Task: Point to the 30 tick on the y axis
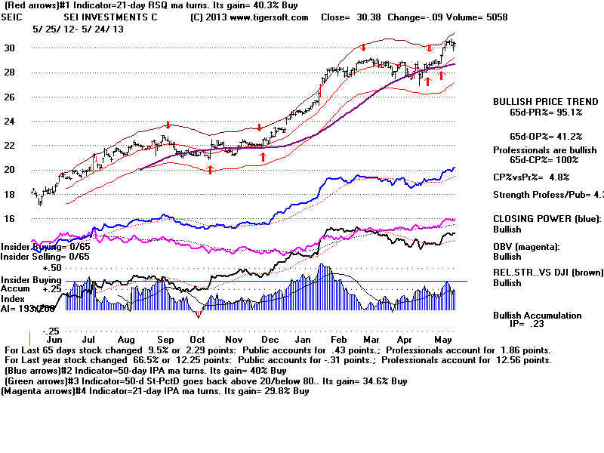(10, 48)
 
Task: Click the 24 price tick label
(10, 122)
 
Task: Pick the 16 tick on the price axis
(10, 219)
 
